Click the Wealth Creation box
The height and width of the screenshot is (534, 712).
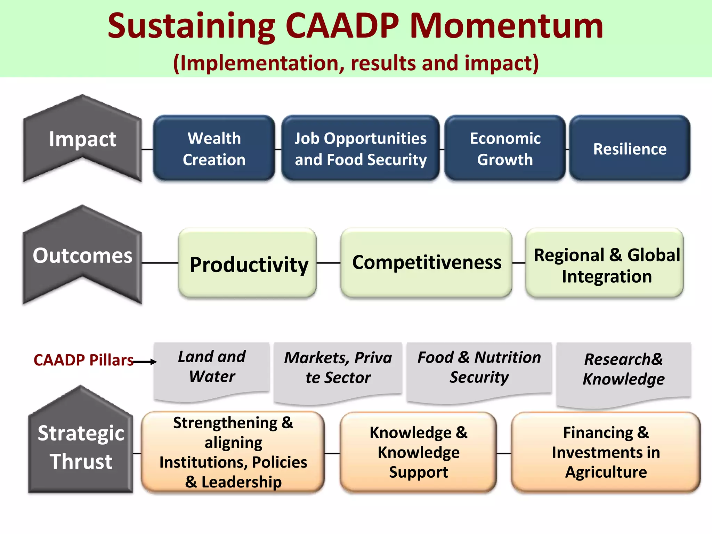pos(214,148)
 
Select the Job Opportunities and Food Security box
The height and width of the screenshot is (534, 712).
pos(360,148)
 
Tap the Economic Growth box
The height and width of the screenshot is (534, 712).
pos(505,148)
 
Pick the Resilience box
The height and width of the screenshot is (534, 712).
pos(630,148)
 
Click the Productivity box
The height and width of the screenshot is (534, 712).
pos(248,263)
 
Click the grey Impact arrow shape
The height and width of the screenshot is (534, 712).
pos(82,139)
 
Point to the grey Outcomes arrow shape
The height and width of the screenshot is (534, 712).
pos(82,256)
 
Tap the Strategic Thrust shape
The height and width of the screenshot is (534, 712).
pos(81,447)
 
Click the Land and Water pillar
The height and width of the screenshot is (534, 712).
pos(212,369)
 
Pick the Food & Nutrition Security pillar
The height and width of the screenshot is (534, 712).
pos(479,369)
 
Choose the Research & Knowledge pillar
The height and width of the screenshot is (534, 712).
pos(624,370)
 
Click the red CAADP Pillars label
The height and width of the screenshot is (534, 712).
pos(83,360)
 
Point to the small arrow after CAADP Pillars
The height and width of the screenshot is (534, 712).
pos(145,362)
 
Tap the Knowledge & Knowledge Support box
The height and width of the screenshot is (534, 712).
pos(418,452)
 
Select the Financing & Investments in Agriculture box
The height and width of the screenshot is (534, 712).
pos(606,452)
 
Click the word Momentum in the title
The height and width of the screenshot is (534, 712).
pos(507,26)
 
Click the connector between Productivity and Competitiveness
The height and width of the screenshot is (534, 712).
pos(329,263)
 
